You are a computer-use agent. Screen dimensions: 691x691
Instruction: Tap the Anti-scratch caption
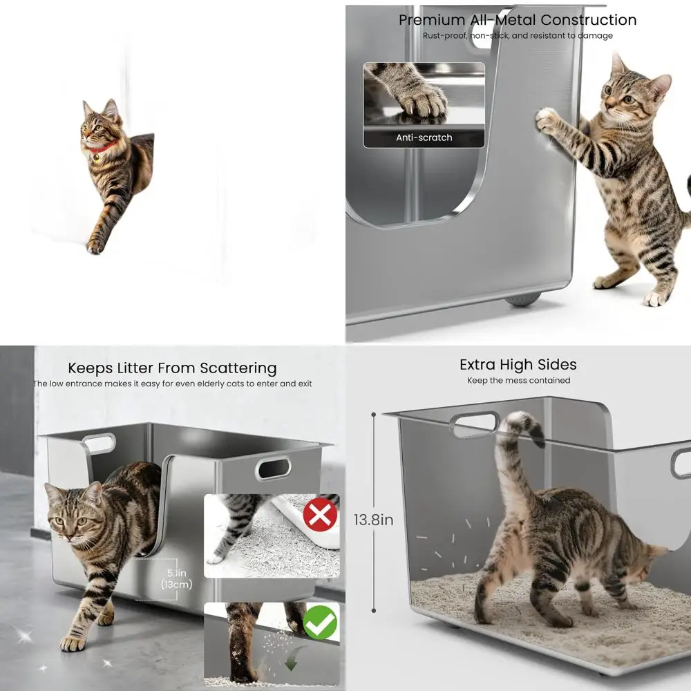(424, 138)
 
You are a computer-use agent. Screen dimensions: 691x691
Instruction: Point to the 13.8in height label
(373, 520)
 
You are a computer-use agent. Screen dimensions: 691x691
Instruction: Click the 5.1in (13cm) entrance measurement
(176, 578)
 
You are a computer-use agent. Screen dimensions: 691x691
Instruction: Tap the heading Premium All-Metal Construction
(518, 20)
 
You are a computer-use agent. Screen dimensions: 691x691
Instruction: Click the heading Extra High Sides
(518, 364)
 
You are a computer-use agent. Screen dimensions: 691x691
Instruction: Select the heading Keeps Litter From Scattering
(172, 368)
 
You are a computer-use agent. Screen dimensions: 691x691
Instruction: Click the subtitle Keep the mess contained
(519, 380)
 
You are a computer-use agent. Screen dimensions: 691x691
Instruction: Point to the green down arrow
(292, 659)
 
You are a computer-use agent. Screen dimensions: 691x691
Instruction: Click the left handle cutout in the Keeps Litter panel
(98, 444)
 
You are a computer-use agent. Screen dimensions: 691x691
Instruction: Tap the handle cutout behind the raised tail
(474, 424)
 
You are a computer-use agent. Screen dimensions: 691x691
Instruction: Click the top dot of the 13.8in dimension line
(374, 415)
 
